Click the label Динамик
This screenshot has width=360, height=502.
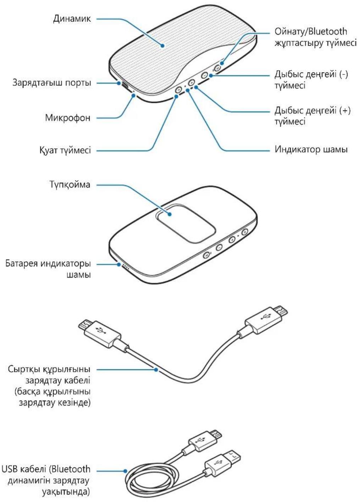point(72,18)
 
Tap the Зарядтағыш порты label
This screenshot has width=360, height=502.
point(52,83)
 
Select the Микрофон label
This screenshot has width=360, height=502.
point(67,117)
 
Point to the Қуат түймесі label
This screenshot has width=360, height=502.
point(65,150)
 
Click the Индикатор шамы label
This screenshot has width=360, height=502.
point(311,149)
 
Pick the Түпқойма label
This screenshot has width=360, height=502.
point(70,184)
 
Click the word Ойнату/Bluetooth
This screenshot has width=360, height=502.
point(311,32)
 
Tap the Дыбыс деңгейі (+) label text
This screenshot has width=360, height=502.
point(312,110)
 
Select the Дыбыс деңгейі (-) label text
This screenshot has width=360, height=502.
point(311,74)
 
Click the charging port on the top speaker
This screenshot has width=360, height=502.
point(125,85)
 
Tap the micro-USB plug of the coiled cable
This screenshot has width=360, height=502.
point(204,440)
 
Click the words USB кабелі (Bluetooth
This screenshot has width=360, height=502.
point(46,469)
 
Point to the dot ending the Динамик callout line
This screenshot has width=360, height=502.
point(162,45)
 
